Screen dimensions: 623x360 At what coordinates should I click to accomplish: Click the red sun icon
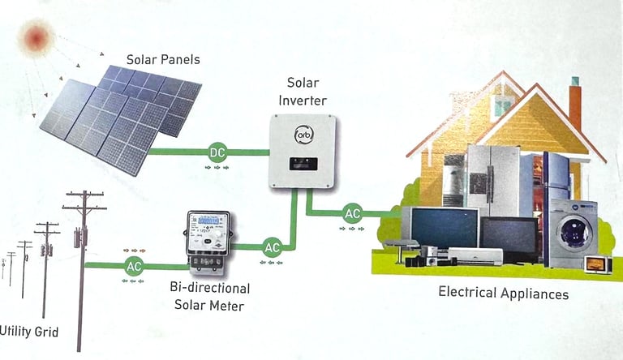pos(37,36)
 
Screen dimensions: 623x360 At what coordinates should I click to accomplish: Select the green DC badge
pos(217,152)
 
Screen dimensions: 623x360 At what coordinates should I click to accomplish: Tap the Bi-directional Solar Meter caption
pos(210,296)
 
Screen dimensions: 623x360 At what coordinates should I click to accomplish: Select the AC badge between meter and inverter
pos(272,246)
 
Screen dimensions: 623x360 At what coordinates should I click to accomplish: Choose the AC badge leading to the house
pos(352,214)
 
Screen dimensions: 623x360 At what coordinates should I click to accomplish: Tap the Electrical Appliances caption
pos(503,293)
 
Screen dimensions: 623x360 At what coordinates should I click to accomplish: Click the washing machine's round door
pos(575,232)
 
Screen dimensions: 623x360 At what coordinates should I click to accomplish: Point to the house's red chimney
pos(575,101)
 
